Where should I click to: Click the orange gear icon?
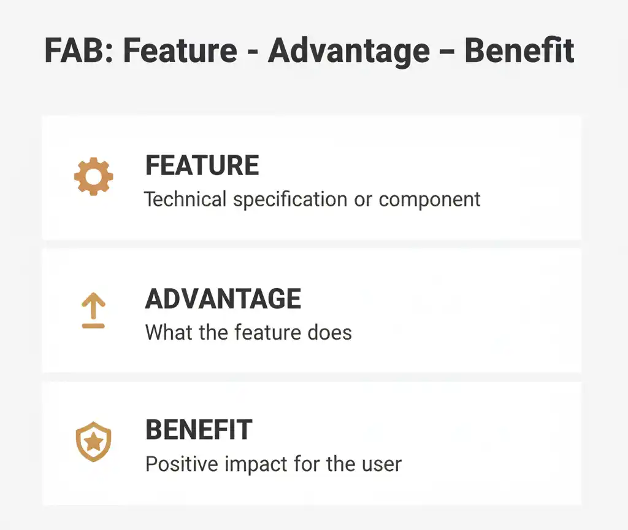(93, 176)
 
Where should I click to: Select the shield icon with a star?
(93, 442)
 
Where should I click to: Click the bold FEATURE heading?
(202, 166)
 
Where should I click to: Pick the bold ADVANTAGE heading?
(223, 299)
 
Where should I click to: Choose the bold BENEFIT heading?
(199, 430)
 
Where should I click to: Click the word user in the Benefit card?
(383, 464)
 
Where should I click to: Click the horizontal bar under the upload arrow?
(93, 325)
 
